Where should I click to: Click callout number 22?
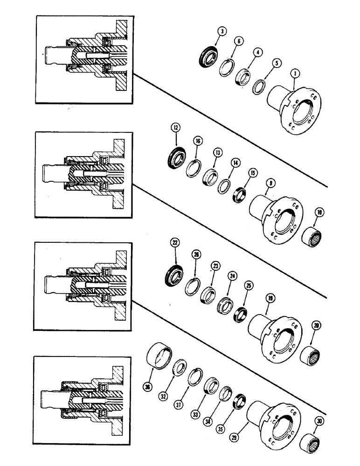coord(175,243)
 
